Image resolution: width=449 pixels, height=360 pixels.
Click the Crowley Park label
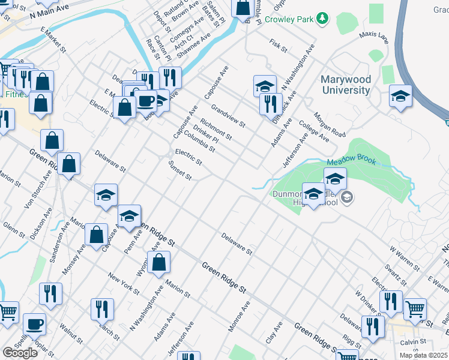[x=289, y=19]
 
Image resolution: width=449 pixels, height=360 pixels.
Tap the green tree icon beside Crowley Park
[x=323, y=19]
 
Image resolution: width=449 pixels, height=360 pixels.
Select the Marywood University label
[x=345, y=85]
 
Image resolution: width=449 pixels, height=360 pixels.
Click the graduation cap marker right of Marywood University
[x=400, y=95]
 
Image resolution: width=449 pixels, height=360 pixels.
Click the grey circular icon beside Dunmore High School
[x=346, y=197]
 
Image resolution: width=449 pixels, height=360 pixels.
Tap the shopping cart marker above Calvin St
[x=415, y=309]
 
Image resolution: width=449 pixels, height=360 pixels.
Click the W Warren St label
[x=403, y=246]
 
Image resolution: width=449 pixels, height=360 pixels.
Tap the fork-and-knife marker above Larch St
[x=102, y=308]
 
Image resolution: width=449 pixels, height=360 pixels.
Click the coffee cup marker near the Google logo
[x=34, y=324]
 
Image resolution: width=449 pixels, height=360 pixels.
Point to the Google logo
[x=20, y=353]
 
